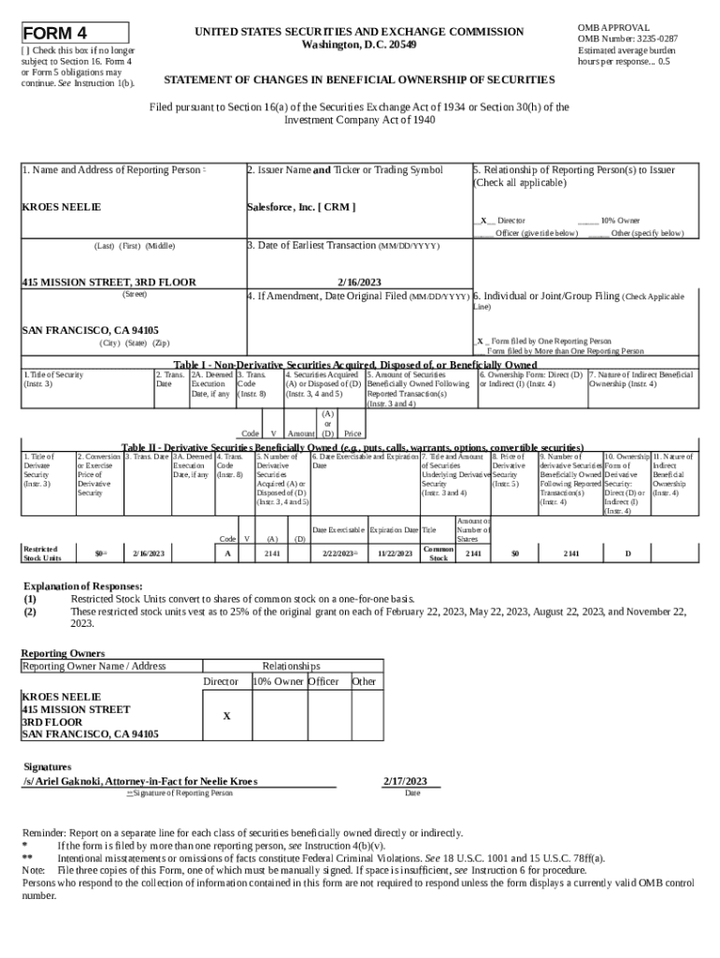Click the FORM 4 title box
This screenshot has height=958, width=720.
point(75,33)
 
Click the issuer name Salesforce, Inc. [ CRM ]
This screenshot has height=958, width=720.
point(301,206)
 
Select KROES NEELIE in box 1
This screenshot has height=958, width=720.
point(61,206)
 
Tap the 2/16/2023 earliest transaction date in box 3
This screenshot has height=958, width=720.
point(359,281)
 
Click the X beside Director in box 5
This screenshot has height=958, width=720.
point(482,221)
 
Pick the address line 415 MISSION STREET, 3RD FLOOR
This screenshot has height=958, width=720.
point(108,281)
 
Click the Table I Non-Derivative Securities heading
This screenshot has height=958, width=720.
point(355,364)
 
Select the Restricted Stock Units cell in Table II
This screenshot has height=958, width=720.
point(42,554)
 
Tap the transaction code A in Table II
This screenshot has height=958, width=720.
point(227,554)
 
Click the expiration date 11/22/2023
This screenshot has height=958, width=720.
point(395,554)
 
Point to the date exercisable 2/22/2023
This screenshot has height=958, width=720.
point(338,554)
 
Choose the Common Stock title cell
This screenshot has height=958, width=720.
point(438,554)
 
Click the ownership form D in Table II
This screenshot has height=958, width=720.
point(627,554)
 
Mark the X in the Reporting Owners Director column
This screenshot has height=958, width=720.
point(226,716)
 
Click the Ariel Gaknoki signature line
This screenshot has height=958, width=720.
point(140,781)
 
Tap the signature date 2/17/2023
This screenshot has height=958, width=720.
point(405,781)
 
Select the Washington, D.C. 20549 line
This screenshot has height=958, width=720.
point(360,45)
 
